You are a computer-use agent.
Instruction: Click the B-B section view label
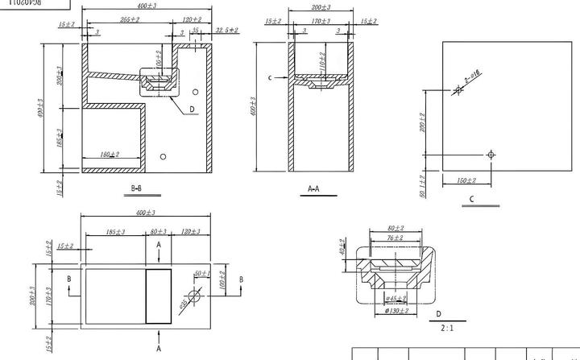click(x=137, y=188)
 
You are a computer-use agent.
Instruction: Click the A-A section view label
click(x=314, y=188)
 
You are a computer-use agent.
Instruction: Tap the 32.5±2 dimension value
click(x=227, y=30)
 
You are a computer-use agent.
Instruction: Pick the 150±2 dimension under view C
click(x=466, y=180)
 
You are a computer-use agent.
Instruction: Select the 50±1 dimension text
click(x=201, y=275)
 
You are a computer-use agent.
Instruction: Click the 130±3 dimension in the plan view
click(x=192, y=233)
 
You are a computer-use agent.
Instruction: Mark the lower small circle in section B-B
click(x=164, y=155)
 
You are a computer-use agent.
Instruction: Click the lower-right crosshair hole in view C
click(x=491, y=154)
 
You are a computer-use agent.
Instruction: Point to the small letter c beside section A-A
click(x=271, y=77)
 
